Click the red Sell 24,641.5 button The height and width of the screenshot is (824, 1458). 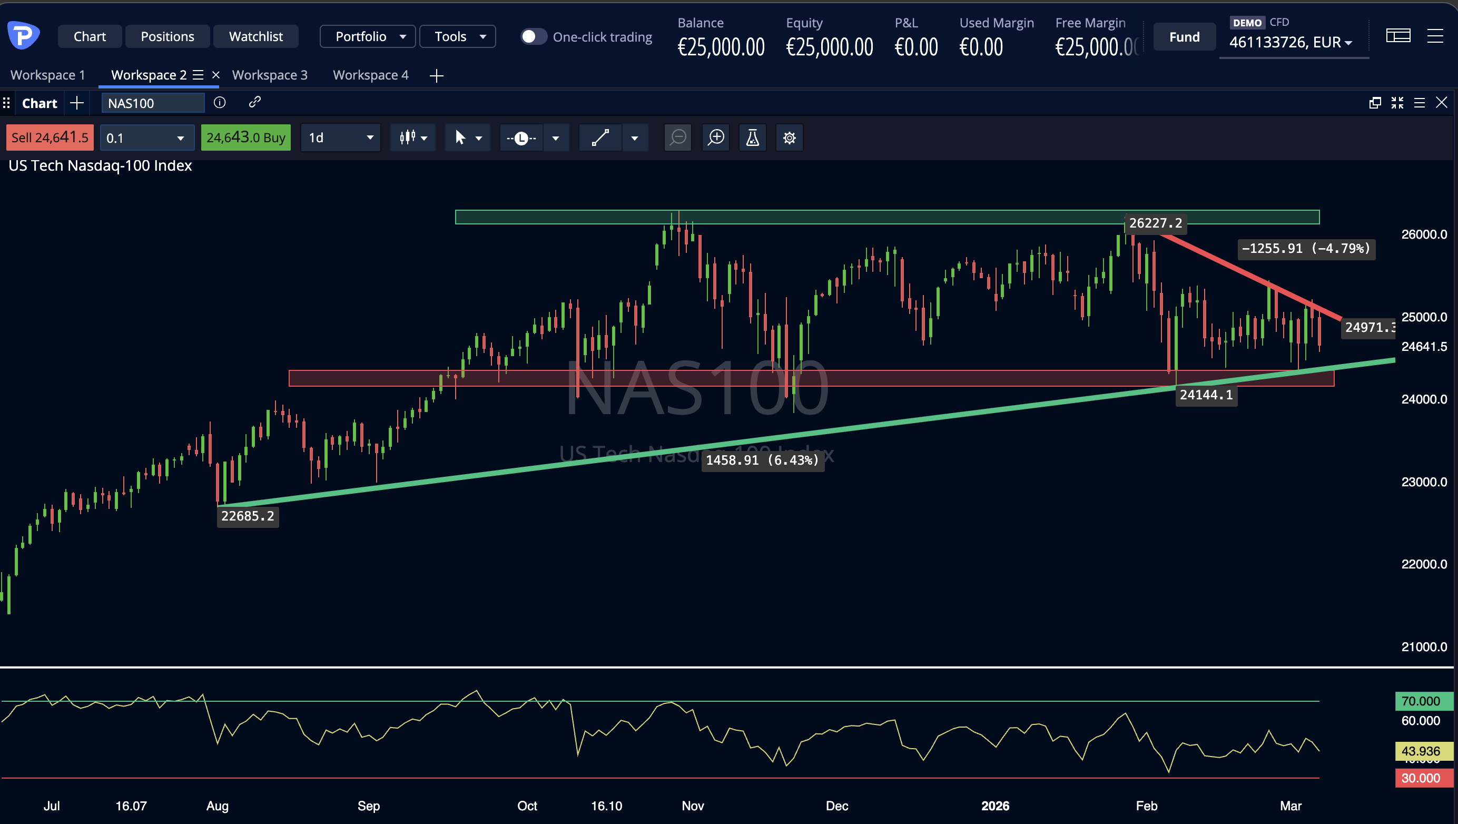click(x=50, y=138)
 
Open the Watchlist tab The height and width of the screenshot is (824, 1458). click(x=256, y=37)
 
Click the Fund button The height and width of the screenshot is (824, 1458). click(x=1184, y=37)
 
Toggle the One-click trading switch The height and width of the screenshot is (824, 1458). click(x=533, y=37)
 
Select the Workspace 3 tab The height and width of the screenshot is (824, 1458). click(x=270, y=75)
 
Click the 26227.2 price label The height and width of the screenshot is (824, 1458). click(x=1155, y=223)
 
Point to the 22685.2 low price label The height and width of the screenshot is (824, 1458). click(x=248, y=516)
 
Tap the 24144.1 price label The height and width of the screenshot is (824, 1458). click(x=1206, y=395)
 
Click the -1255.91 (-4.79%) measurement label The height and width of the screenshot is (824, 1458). click(x=1306, y=249)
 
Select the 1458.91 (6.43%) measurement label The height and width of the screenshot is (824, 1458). click(x=762, y=460)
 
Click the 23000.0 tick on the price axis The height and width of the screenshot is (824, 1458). click(x=1423, y=482)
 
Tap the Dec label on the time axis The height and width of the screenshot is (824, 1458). click(x=836, y=806)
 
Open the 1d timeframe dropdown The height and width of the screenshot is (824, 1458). click(x=341, y=138)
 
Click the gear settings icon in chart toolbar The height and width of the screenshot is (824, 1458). click(x=789, y=138)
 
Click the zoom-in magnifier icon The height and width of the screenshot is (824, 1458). click(x=716, y=138)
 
